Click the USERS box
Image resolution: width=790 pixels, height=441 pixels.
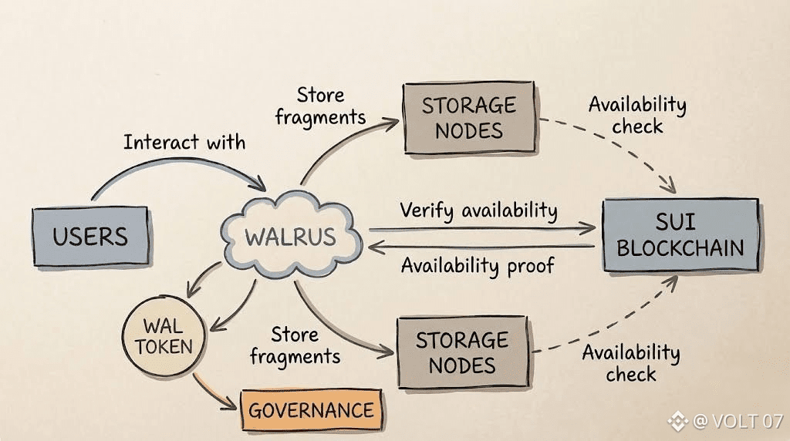(90, 237)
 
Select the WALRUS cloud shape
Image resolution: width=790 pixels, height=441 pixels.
(291, 236)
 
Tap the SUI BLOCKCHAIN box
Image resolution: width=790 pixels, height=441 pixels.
(680, 235)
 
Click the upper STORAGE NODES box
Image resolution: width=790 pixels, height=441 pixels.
(469, 118)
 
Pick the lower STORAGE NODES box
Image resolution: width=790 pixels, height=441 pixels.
(463, 352)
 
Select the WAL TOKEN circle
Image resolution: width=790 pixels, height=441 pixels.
(164, 337)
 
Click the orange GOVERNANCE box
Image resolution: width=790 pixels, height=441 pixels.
(311, 409)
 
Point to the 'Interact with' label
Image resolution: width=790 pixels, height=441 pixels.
(184, 142)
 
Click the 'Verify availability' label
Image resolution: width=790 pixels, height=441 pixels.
(478, 210)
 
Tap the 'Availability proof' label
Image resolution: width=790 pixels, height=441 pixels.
(478, 266)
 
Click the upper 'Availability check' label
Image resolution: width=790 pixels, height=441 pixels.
(637, 114)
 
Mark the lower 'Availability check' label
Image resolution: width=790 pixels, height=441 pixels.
(631, 364)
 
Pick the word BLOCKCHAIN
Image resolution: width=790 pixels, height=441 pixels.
(680, 248)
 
